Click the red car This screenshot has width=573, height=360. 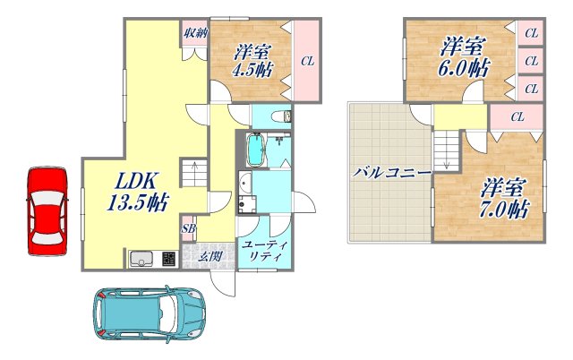[x=47, y=211]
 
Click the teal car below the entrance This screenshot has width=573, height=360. [x=149, y=313]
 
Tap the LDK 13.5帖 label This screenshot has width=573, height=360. [x=137, y=192]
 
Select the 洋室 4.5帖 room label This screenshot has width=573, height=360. [x=252, y=61]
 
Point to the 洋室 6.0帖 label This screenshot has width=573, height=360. [x=463, y=57]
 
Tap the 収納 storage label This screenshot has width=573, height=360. [x=195, y=34]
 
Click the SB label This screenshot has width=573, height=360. [x=189, y=228]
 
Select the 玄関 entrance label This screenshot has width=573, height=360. [x=210, y=256]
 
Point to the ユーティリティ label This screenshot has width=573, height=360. [x=265, y=251]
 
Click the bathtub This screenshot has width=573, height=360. [x=257, y=150]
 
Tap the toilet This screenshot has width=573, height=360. [x=282, y=116]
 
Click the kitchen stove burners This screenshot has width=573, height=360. [x=169, y=259]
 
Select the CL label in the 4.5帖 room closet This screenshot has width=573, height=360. [x=308, y=62]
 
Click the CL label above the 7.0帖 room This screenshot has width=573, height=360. [x=517, y=117]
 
